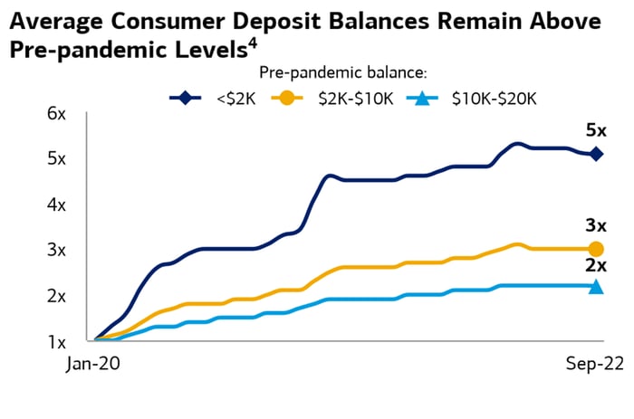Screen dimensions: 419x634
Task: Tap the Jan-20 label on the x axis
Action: coord(94,365)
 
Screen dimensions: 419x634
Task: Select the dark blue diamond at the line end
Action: coord(596,154)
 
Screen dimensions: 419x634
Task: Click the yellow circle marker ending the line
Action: coord(596,249)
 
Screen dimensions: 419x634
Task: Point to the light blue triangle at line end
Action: coord(596,286)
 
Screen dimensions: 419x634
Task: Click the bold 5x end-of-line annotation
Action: coord(595,131)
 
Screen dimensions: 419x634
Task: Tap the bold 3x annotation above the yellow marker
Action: coord(595,225)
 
